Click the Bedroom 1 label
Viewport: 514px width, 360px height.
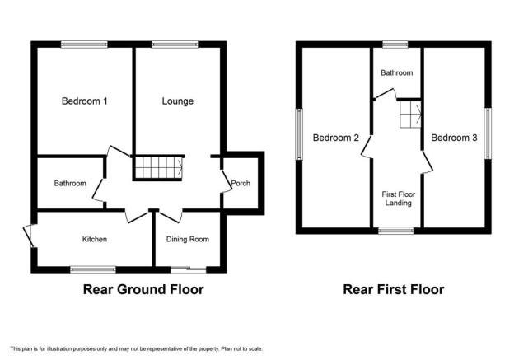point(84,101)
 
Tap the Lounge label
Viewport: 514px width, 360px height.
point(178,101)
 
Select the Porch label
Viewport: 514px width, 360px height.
point(241,183)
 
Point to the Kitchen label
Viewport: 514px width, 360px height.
point(95,240)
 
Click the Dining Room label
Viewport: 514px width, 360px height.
point(188,240)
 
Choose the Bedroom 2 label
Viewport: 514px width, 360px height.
point(336,138)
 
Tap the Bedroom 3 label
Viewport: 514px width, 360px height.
point(454,138)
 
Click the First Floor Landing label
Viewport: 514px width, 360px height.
point(399,199)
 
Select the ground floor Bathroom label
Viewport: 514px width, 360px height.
point(70,183)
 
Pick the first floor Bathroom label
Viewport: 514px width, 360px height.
point(397,72)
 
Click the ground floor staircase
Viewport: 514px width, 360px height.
point(159,168)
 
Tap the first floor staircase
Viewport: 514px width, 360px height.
point(410,115)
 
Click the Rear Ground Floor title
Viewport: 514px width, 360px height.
point(143,289)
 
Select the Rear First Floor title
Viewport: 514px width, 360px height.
point(394,289)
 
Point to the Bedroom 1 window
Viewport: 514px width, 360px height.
point(84,44)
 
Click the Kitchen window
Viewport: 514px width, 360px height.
point(93,269)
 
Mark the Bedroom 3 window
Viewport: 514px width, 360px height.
point(488,133)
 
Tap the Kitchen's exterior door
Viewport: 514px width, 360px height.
point(30,236)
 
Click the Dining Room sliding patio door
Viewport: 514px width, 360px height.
point(189,269)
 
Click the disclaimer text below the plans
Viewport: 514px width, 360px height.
point(137,348)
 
